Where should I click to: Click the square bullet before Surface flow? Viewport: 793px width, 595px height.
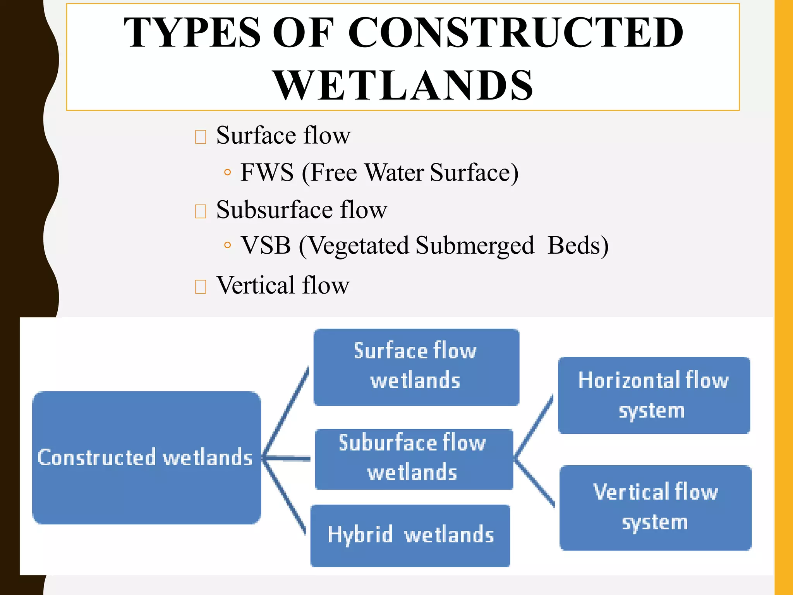click(200, 137)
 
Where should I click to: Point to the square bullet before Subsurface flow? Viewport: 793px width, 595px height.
click(200, 211)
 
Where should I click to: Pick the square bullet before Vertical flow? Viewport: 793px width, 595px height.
click(200, 287)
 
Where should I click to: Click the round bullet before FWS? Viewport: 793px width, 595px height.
click(227, 172)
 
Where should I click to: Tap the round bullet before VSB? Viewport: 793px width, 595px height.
click(227, 245)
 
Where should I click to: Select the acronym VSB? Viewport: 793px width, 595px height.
click(266, 245)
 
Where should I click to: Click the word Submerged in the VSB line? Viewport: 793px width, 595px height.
click(474, 246)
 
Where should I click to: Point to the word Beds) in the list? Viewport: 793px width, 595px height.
click(578, 246)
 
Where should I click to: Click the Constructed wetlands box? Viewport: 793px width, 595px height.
click(146, 457)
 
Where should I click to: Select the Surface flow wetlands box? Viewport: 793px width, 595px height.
click(416, 366)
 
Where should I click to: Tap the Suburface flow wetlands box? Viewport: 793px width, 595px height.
click(414, 459)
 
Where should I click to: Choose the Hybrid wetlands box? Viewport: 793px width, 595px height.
click(410, 535)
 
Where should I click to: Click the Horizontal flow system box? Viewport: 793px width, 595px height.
click(654, 395)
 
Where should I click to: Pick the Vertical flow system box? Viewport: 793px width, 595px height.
click(655, 507)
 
